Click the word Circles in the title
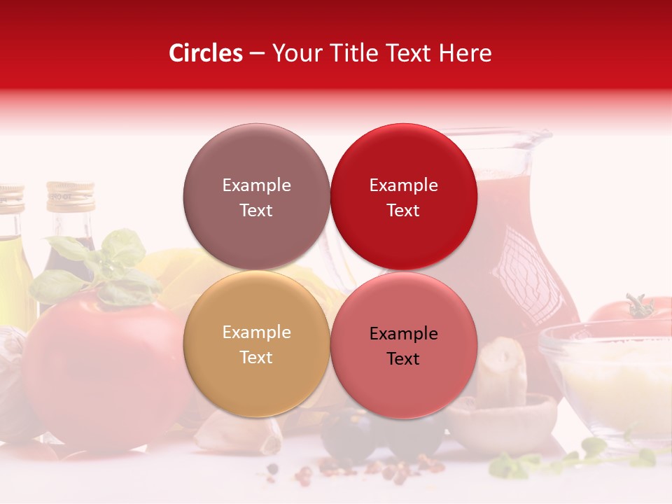[x=205, y=53]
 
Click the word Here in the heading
[x=465, y=53]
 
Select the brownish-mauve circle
[x=256, y=197]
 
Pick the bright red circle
[x=403, y=197]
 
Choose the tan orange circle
[x=256, y=344]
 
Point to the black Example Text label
[x=403, y=346]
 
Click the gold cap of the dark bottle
[x=70, y=196]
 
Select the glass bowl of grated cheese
[x=609, y=378]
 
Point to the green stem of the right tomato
[x=638, y=306]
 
